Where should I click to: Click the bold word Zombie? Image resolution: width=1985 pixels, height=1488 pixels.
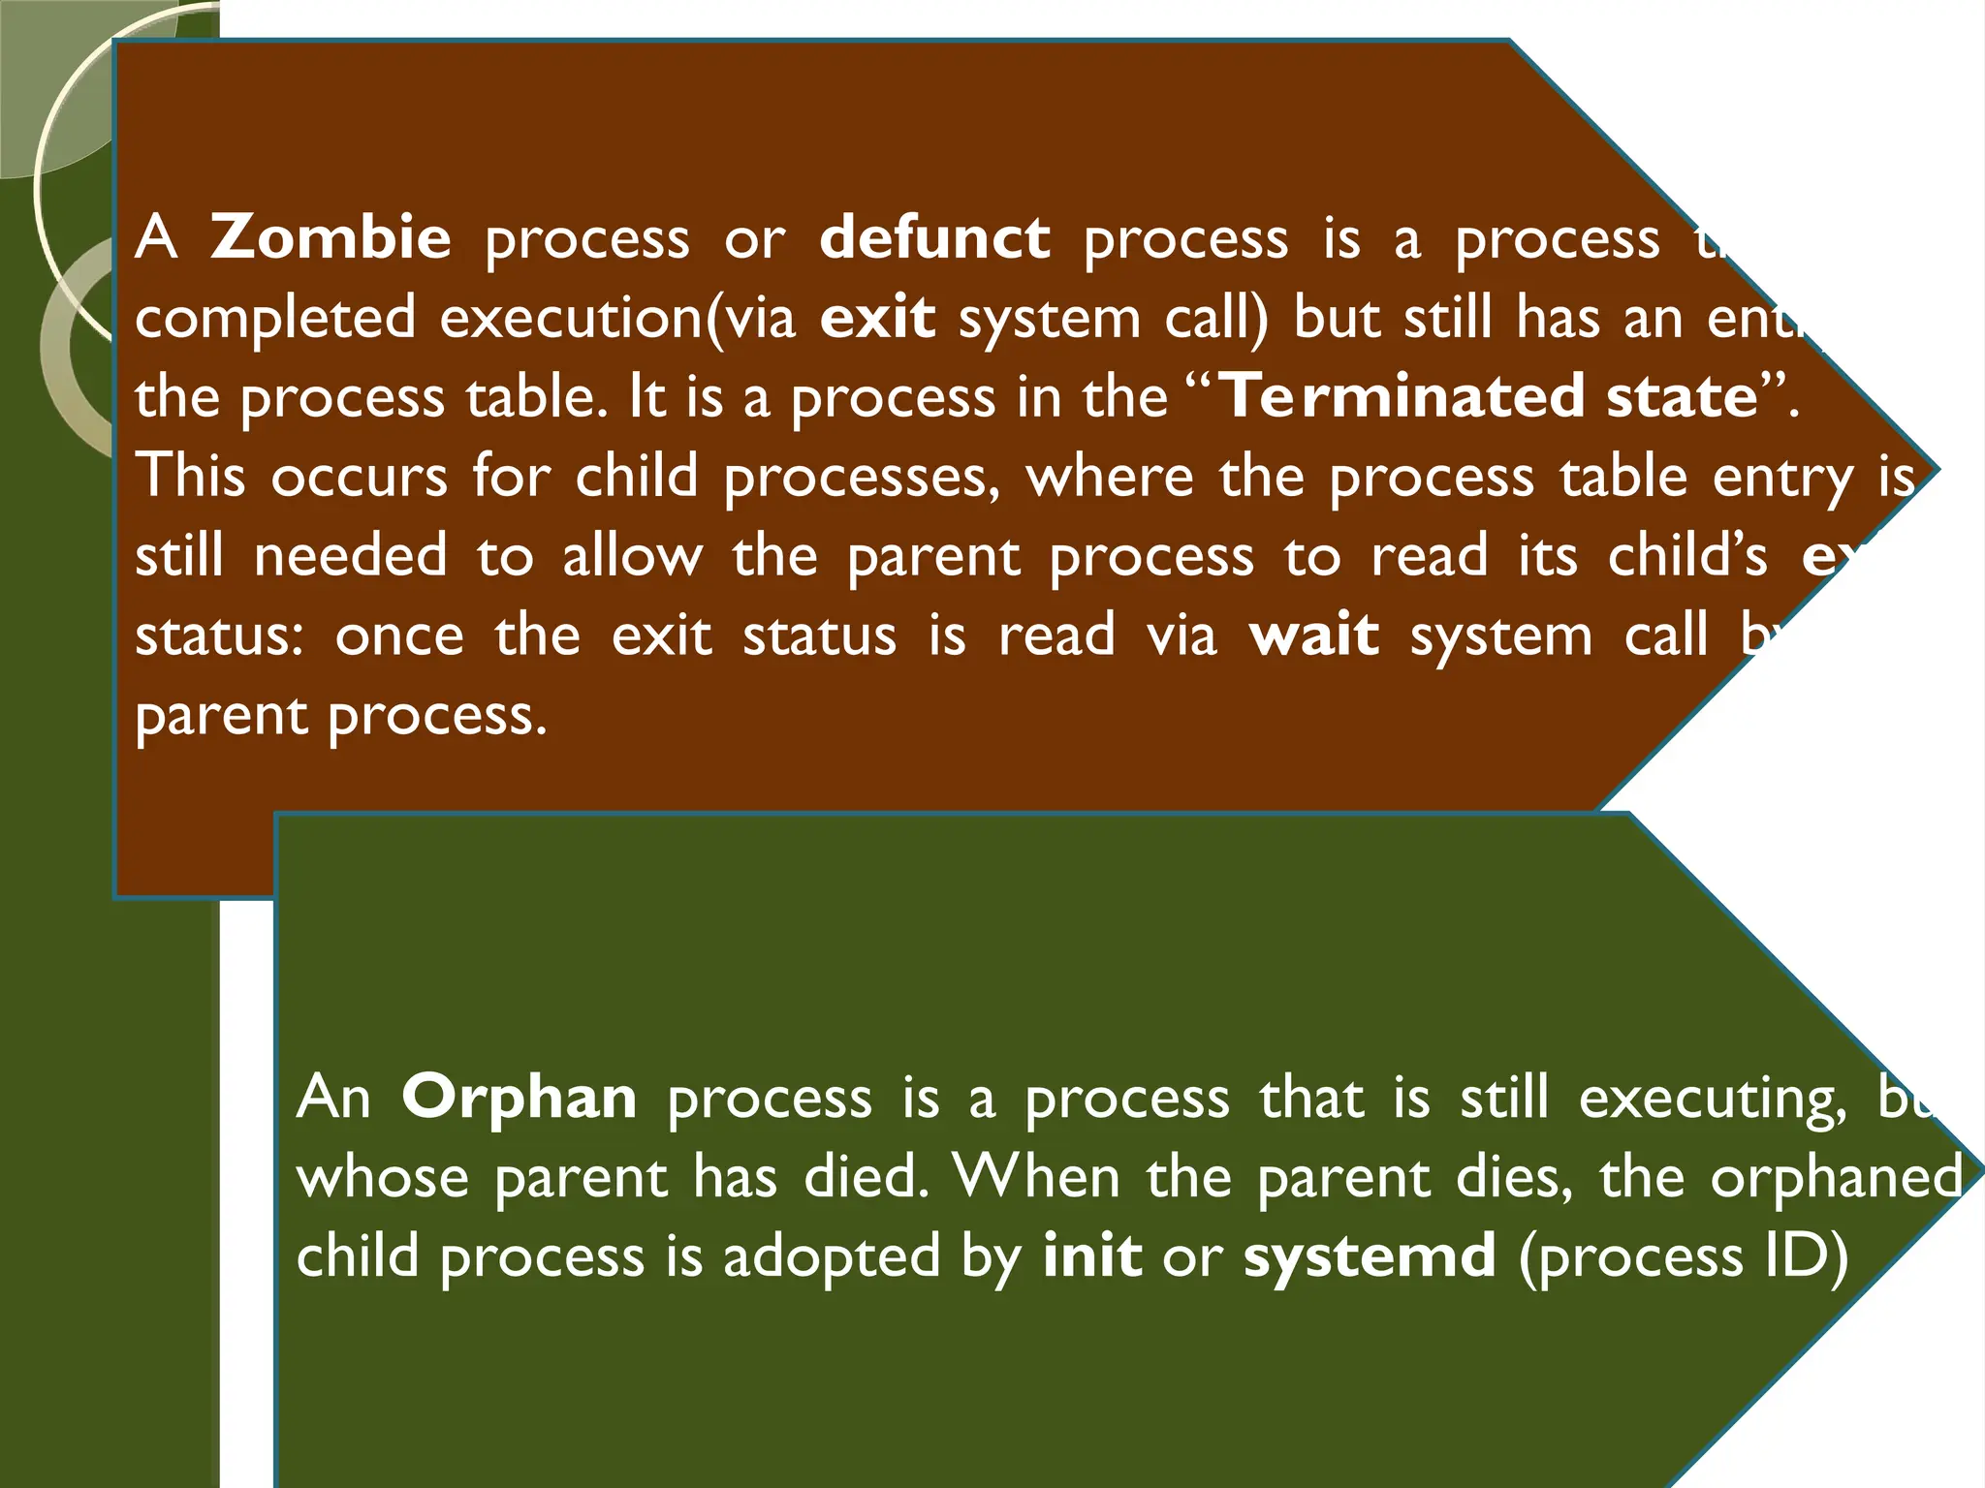[331, 237]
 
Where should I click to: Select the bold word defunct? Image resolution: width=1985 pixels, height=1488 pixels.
[934, 237]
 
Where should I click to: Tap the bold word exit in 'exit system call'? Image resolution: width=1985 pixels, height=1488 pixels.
[877, 318]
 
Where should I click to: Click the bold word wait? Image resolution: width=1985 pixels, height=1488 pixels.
[1314, 635]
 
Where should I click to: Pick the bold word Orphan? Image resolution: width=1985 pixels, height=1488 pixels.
[520, 1098]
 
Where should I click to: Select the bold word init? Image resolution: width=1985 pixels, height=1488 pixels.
[1092, 1256]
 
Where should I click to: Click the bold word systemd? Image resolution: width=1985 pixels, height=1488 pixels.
[1370, 1256]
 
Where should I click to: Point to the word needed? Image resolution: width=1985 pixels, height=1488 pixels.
[351, 556]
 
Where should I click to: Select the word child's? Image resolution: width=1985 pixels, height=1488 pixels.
[1687, 556]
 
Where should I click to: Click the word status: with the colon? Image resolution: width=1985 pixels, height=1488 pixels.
[219, 636]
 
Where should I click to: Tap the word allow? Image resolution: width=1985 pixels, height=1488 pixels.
[632, 556]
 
